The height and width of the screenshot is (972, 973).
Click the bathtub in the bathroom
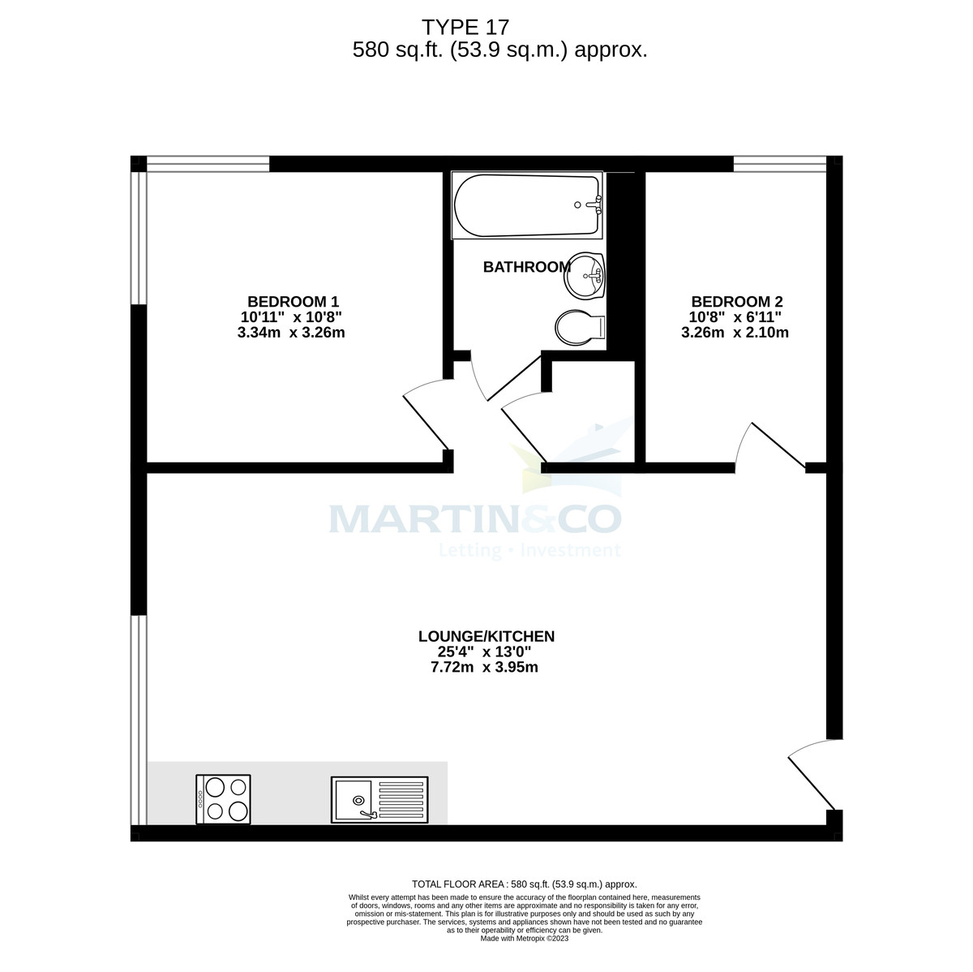[527, 206]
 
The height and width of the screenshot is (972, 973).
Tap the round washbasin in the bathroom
[586, 276]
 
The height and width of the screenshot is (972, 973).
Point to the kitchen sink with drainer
[379, 800]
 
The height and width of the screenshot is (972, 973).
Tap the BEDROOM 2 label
[736, 301]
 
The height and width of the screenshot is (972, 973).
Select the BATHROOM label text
[527, 267]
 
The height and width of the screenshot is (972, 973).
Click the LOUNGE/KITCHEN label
[486, 636]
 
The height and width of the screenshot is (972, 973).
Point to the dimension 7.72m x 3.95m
[485, 668]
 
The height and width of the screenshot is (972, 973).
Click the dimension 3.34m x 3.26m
[292, 332]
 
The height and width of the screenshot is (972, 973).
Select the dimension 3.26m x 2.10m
[735, 332]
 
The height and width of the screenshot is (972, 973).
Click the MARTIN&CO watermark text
[474, 519]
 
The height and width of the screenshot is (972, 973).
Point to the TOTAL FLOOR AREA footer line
[525, 884]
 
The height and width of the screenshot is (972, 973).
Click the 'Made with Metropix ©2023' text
[525, 939]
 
